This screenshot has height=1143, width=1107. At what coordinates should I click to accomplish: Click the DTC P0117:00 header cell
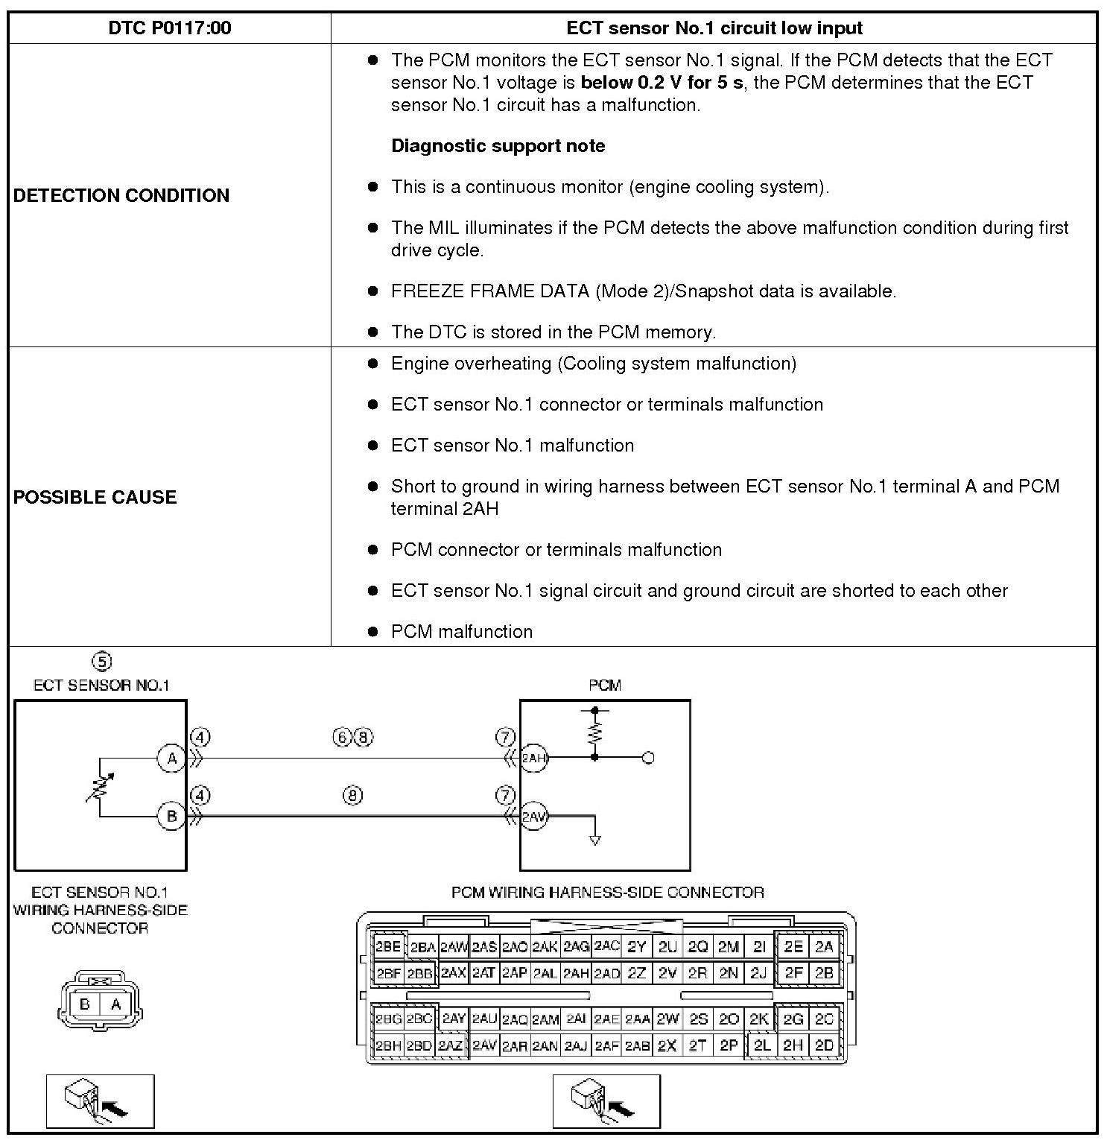pyautogui.click(x=170, y=28)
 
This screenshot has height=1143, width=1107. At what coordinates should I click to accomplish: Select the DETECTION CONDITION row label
pyautogui.click(x=121, y=195)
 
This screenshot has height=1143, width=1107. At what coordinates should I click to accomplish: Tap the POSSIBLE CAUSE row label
pyautogui.click(x=95, y=497)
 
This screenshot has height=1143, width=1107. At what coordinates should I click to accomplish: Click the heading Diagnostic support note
pyautogui.click(x=498, y=146)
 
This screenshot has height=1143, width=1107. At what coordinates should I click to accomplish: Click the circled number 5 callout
pyautogui.click(x=101, y=661)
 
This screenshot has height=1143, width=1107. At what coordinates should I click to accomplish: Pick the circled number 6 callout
pyautogui.click(x=342, y=738)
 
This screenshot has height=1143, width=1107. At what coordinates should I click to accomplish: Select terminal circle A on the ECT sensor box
pyautogui.click(x=171, y=759)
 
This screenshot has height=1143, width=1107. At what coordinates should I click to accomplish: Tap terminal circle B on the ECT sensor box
pyautogui.click(x=171, y=816)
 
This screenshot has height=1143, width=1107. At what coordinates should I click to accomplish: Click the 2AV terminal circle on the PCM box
pyautogui.click(x=533, y=816)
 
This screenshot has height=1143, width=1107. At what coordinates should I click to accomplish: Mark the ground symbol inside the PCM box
pyautogui.click(x=594, y=840)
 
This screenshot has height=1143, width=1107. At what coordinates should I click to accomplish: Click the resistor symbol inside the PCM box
pyautogui.click(x=594, y=734)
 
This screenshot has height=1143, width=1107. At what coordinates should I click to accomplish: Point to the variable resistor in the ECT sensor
pyautogui.click(x=99, y=788)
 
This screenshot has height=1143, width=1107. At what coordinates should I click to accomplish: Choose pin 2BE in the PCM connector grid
pyautogui.click(x=387, y=947)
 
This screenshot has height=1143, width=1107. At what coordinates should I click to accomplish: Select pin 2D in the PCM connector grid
pyautogui.click(x=824, y=1045)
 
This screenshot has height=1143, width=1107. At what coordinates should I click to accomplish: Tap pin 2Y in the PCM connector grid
pyautogui.click(x=636, y=947)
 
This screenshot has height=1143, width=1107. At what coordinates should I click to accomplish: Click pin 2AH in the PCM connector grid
pyautogui.click(x=576, y=973)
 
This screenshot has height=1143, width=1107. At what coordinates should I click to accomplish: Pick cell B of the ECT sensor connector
pyautogui.click(x=84, y=1004)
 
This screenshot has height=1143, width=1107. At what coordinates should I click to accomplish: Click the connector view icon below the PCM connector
pyautogui.click(x=606, y=1101)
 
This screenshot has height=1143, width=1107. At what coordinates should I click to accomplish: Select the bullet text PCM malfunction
pyautogui.click(x=462, y=632)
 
